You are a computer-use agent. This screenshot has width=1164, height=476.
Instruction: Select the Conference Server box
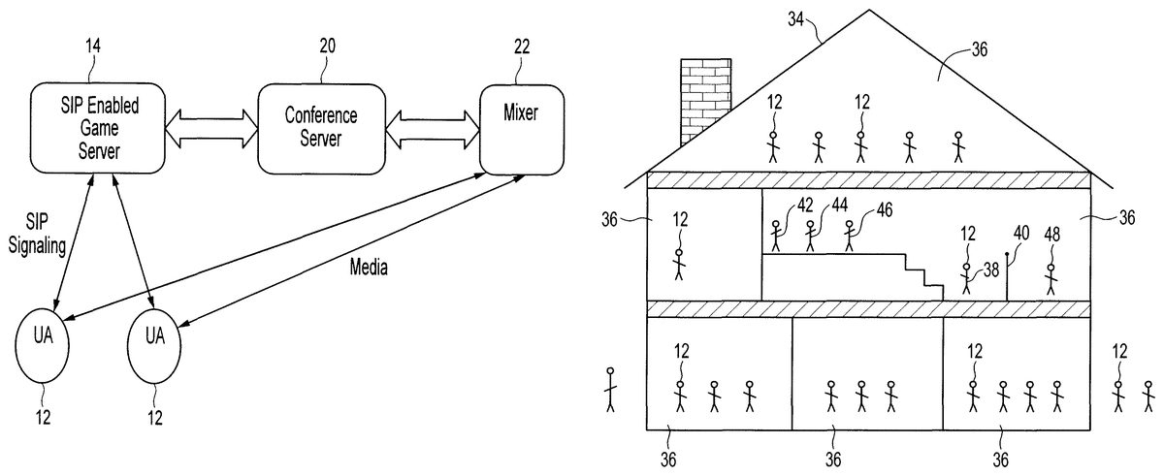coord(320,127)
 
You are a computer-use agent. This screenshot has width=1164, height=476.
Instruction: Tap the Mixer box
coord(521,127)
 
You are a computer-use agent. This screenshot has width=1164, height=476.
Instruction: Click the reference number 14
coord(92,46)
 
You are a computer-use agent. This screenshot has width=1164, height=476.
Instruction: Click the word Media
coord(369,268)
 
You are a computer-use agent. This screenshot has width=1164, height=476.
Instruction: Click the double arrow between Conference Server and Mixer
coord(434,127)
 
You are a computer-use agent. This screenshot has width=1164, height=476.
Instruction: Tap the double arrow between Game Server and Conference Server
coord(210,127)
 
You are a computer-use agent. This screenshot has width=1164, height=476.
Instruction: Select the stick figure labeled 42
coord(776,236)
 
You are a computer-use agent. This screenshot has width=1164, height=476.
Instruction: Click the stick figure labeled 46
coord(850,236)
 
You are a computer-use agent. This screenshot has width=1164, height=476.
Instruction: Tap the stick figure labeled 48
coord(1051,277)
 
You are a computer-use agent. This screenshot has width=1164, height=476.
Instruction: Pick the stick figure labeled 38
coord(966,277)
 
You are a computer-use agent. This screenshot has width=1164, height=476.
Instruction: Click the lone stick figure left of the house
coord(610,390)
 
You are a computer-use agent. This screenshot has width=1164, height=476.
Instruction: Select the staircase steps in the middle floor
coord(921,275)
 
